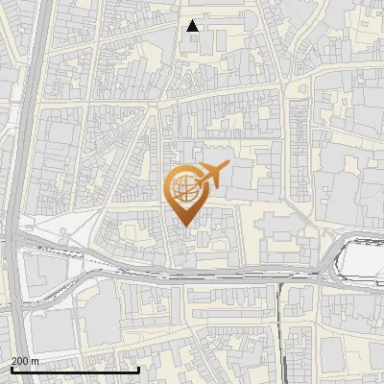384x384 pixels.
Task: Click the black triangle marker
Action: coord(193,26)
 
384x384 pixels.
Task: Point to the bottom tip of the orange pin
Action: coord(184,227)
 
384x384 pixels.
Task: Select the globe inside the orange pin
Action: coord(183,186)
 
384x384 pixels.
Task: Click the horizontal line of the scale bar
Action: coord(75,370)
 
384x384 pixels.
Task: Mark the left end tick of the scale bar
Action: coord(12,369)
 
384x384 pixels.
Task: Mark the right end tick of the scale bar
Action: coord(139,369)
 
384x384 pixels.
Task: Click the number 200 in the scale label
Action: coord(20,361)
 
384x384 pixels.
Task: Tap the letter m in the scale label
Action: coord(36,361)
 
